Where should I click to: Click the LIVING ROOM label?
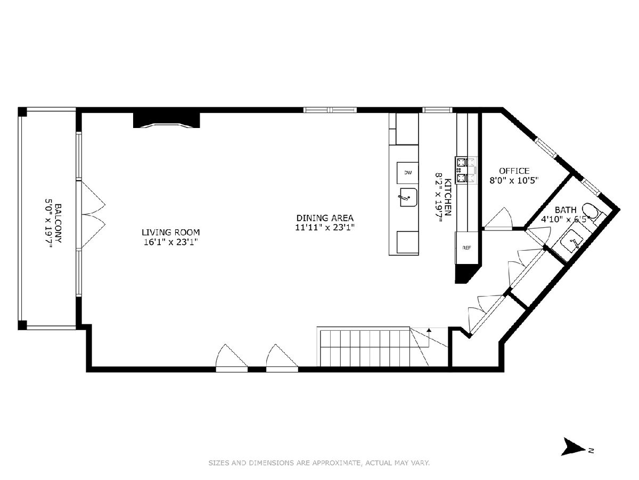[x=170, y=233]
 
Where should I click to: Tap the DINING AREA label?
[x=325, y=218]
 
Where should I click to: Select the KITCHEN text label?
[x=448, y=197]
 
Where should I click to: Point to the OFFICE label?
[x=514, y=171]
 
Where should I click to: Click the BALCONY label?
[x=58, y=223]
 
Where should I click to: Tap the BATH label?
[x=566, y=210]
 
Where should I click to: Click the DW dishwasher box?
[x=408, y=173]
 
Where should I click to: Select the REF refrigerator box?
[x=466, y=247]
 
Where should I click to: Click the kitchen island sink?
[x=407, y=197]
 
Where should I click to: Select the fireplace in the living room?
[x=167, y=120]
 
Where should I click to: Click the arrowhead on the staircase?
[x=429, y=330]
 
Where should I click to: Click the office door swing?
[x=498, y=218]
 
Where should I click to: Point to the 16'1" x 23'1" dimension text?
[x=171, y=242]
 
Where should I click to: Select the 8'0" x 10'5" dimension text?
[x=514, y=180]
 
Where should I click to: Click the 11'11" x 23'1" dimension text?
[x=325, y=227]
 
